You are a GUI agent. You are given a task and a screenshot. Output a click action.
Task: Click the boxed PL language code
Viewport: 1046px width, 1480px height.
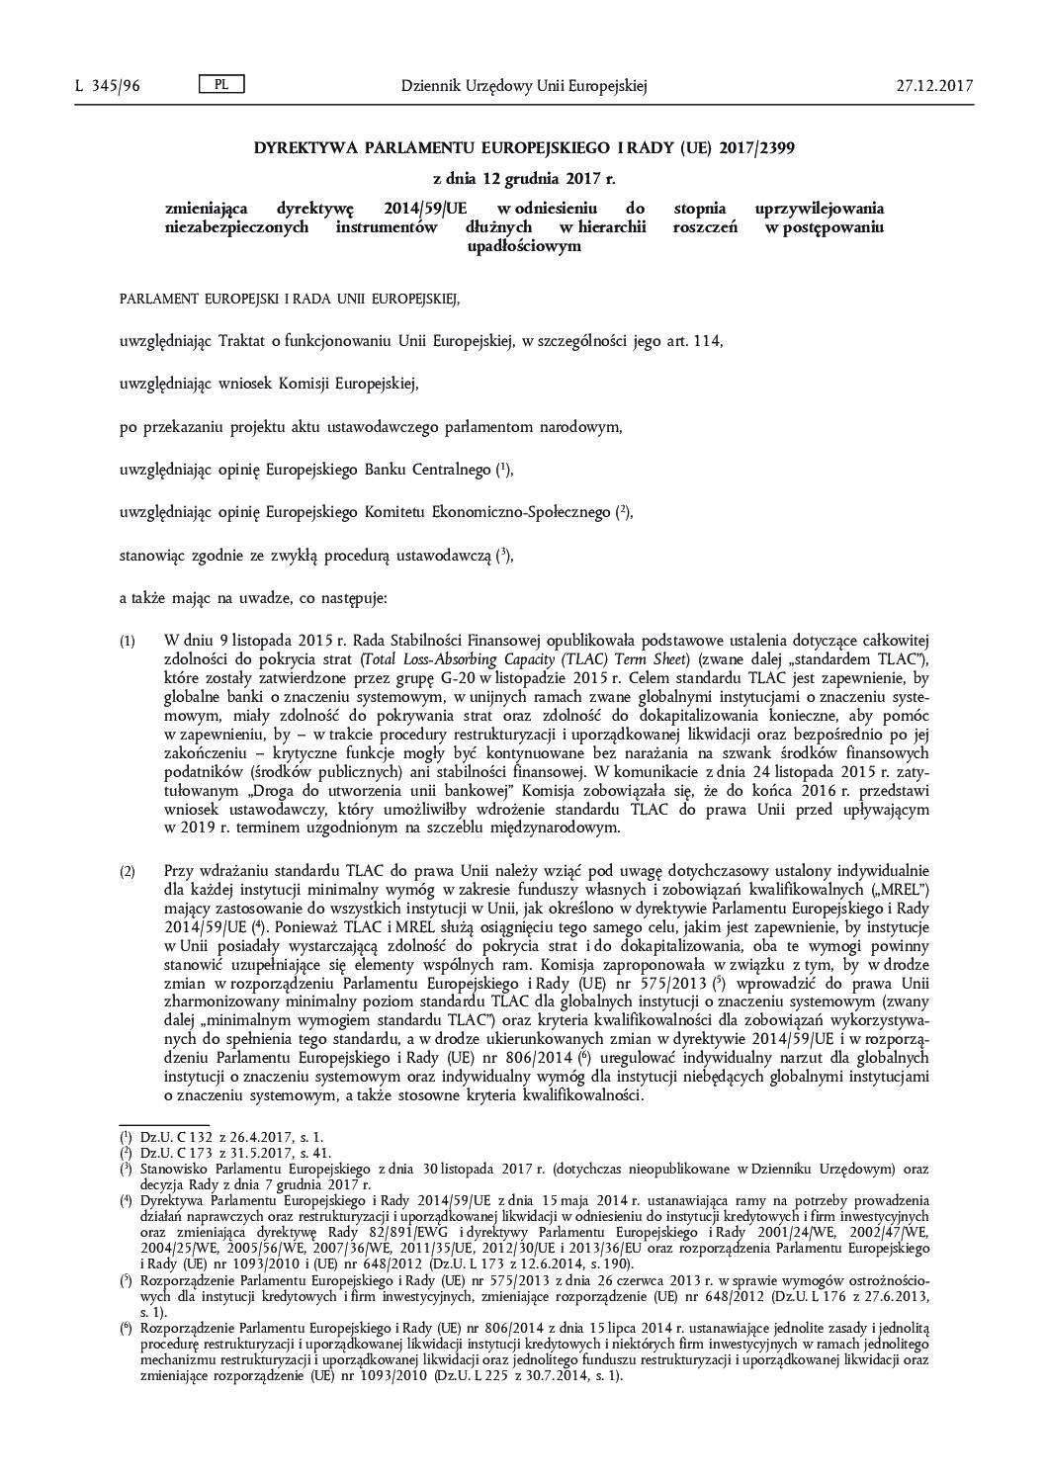(221, 85)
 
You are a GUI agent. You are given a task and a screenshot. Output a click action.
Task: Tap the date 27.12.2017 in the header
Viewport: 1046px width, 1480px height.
(934, 86)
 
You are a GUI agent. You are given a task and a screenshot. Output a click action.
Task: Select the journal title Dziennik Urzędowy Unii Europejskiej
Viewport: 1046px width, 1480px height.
(523, 86)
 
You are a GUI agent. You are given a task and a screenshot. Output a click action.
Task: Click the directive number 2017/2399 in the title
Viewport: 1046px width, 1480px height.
(754, 148)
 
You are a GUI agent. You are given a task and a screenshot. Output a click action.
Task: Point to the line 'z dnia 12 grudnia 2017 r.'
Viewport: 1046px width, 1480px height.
(524, 179)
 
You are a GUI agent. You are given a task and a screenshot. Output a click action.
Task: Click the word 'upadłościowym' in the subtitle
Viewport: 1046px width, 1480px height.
(523, 246)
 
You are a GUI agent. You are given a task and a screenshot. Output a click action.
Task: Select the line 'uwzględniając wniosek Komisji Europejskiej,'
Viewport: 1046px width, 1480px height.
(268, 383)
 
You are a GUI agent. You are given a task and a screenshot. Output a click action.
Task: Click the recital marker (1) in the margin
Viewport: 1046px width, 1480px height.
(128, 642)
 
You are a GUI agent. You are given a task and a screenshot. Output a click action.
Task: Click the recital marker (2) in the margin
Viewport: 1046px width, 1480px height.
(128, 872)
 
